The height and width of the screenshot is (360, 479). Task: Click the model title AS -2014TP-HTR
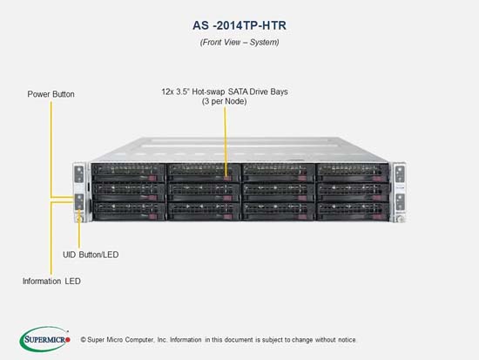(x=239, y=25)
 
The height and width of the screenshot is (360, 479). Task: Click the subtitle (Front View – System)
(x=239, y=42)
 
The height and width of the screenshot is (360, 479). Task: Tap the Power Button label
(x=51, y=94)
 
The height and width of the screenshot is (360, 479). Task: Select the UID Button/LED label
(x=91, y=255)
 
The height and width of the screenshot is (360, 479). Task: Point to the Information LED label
(x=51, y=281)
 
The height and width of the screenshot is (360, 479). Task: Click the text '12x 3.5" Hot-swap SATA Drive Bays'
(x=225, y=92)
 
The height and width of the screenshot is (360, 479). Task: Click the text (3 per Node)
(x=225, y=101)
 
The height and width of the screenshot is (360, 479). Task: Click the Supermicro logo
(x=45, y=339)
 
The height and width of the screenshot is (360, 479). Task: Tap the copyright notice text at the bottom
(x=219, y=340)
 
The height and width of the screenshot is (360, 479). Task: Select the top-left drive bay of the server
(x=128, y=173)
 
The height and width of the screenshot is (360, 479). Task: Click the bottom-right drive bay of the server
(x=353, y=212)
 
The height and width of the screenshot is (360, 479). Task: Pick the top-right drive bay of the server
(x=353, y=173)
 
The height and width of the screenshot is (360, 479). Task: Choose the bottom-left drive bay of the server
(x=128, y=212)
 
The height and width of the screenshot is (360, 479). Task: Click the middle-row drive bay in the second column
(x=204, y=193)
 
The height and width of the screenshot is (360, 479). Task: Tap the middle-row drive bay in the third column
(x=278, y=193)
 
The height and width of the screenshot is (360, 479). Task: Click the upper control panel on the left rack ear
(x=78, y=174)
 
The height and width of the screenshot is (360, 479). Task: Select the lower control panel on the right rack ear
(x=399, y=202)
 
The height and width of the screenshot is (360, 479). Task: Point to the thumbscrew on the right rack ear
(x=401, y=219)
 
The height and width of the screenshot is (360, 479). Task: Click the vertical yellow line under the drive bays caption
(x=226, y=141)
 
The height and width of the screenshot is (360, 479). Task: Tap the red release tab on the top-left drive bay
(x=152, y=179)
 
